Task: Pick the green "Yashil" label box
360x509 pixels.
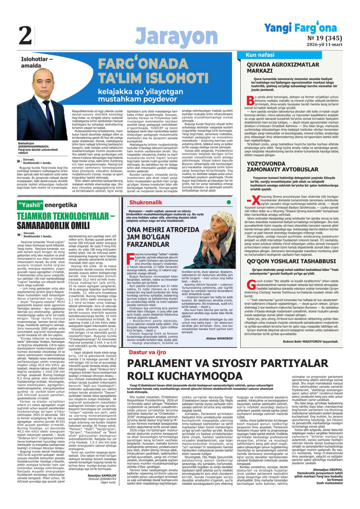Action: (x=32, y=205)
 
